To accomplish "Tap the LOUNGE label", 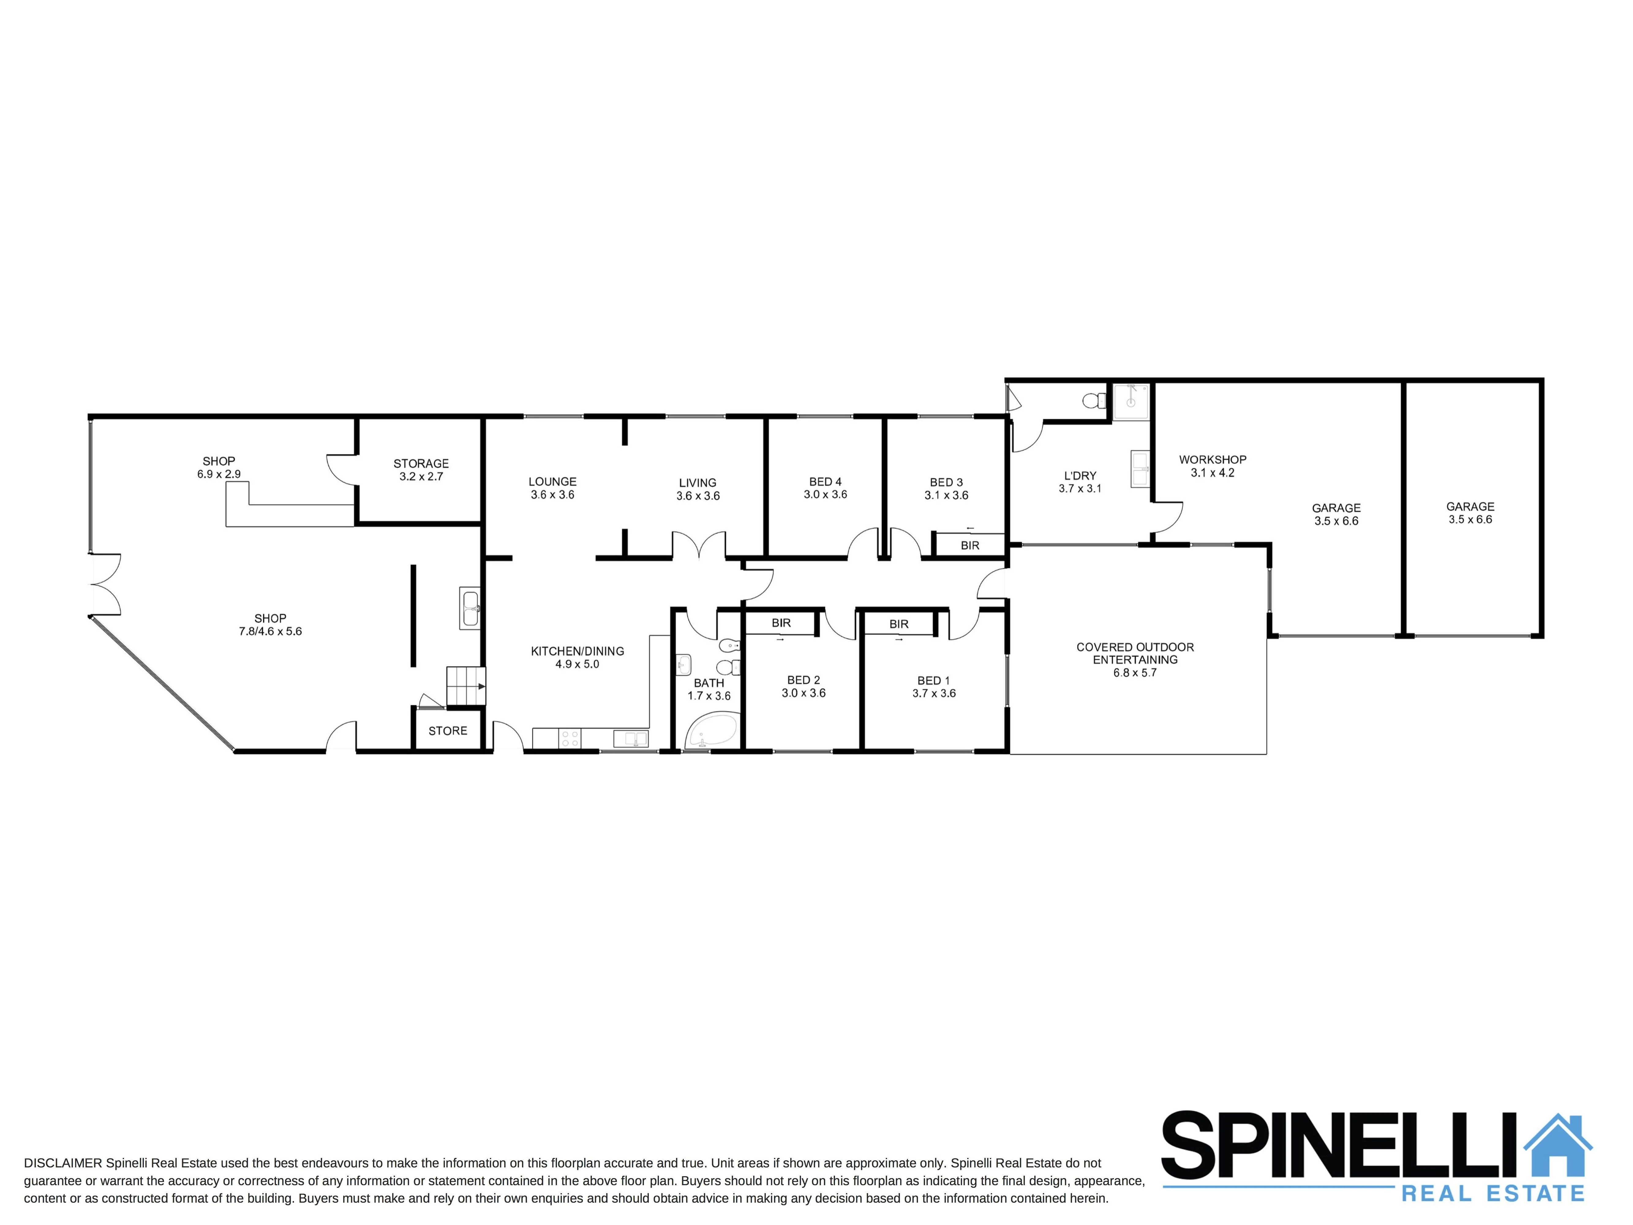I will coord(552,482).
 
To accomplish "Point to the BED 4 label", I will coord(825,482).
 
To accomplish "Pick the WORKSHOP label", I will coord(1212,459).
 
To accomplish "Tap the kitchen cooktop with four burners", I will coord(569,738).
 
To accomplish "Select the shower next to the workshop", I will coord(1131,401).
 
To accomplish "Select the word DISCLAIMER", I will coord(63,1163).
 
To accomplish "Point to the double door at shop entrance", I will coord(105,584).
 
